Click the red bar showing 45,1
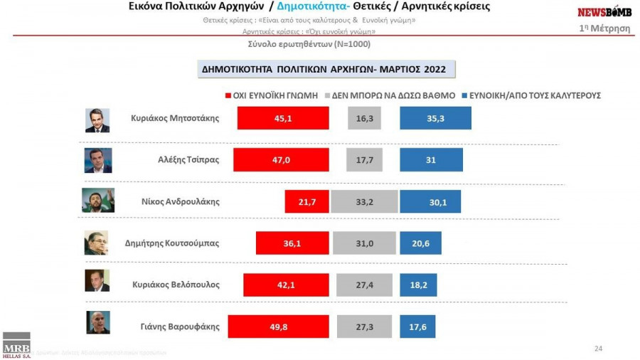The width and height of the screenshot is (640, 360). pyautogui.click(x=282, y=118)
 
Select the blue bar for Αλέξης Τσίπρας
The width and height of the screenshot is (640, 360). pyautogui.click(x=431, y=159)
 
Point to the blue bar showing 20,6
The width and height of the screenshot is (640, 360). pyautogui.click(x=420, y=243)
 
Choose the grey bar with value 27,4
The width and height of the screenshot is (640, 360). pyautogui.click(x=365, y=285)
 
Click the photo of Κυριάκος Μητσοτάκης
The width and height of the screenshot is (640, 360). pyautogui.click(x=97, y=120)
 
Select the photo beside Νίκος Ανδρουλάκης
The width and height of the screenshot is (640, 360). pyautogui.click(x=97, y=201)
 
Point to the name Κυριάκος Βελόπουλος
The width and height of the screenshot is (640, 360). pyautogui.click(x=176, y=284)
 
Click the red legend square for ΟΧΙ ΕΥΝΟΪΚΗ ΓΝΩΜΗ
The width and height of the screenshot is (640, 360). pyautogui.click(x=227, y=95)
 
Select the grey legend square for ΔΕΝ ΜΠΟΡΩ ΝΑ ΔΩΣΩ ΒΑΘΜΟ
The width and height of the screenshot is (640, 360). pyautogui.click(x=326, y=95)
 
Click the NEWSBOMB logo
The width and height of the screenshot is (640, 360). pyautogui.click(x=604, y=12)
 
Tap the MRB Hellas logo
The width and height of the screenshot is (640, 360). pyautogui.click(x=16, y=346)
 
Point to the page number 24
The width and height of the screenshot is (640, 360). pyautogui.click(x=597, y=348)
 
